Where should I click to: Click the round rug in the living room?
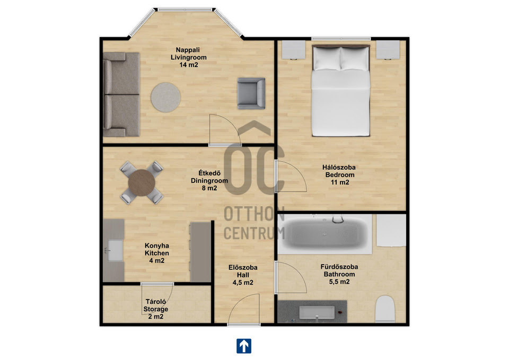pos(165,98)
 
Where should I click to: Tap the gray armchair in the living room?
pos(251,93)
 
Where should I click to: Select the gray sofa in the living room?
pos(121,94)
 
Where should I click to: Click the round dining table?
pos(142,183)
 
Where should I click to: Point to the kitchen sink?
pos(115,250)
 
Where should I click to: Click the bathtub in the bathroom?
pos(324,233)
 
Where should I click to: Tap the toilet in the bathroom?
pos(385,309)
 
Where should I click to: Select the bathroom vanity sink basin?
pos(317,312)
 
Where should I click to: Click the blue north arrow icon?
pos(244,346)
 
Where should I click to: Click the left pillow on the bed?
pos(327,59)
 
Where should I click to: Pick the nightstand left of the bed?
pos(293,50)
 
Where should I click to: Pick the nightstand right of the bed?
pos(388,50)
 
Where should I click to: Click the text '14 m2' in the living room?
pos(189,65)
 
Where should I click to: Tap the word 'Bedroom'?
pos(340,175)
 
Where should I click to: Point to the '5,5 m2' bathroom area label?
pos(339,282)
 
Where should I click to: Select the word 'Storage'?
pos(156,309)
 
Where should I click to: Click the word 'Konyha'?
pos(157,245)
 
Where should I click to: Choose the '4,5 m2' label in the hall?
pos(243,283)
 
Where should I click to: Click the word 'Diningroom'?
pos(209,181)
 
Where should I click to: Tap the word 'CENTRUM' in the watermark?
pos(254,233)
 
